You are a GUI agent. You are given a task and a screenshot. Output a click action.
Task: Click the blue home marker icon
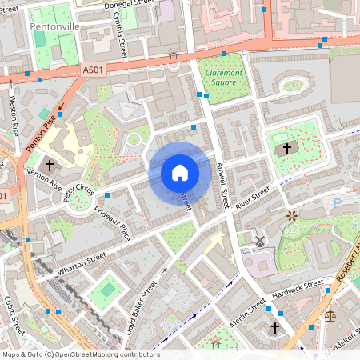tap(180, 172)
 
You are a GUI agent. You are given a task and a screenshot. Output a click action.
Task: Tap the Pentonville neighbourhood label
tap(55, 26)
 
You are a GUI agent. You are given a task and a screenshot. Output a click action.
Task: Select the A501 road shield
tap(93, 71)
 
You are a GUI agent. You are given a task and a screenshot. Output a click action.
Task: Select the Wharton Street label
tap(82, 262)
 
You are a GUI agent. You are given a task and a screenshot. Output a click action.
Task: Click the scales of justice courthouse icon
tap(331, 315)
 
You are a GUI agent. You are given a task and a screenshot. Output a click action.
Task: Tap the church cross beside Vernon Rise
tap(50, 166)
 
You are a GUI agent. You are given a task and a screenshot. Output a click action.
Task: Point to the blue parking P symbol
tap(337, 204)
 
